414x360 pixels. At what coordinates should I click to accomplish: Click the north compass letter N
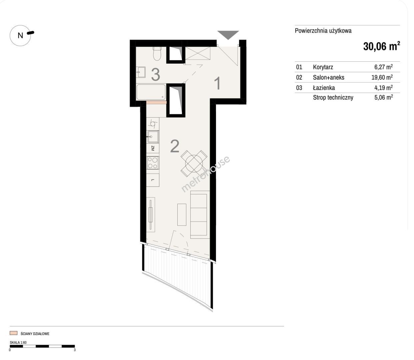20,36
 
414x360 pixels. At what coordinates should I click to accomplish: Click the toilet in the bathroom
157,53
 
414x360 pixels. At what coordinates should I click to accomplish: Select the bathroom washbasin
141,72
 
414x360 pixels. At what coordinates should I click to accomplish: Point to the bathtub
151,92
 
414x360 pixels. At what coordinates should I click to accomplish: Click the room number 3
156,74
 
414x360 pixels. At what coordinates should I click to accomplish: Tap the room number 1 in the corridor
217,83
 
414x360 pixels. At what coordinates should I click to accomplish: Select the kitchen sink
153,137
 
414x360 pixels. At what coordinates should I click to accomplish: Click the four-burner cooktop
153,163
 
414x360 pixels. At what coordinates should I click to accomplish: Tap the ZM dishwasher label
153,148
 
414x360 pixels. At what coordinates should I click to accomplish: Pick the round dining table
194,164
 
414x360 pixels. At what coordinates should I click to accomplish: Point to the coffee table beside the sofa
182,215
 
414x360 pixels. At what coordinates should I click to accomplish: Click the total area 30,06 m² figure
382,46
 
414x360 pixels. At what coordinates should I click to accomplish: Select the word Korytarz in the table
323,67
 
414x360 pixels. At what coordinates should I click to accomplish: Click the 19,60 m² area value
382,77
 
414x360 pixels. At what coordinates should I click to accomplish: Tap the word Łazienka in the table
324,88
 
